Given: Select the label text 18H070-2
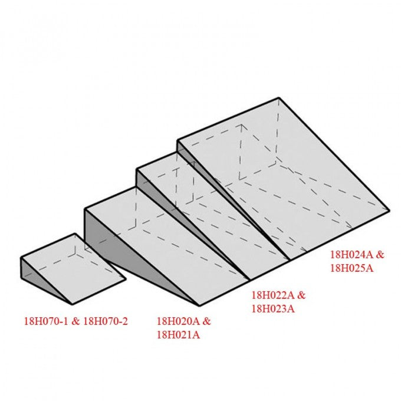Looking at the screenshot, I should point(106,321).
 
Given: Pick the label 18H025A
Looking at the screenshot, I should point(352,268).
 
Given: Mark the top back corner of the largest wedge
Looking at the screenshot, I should point(278,98).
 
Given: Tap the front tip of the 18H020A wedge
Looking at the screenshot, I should point(199,305).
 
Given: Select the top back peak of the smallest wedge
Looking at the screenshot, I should point(75,234).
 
